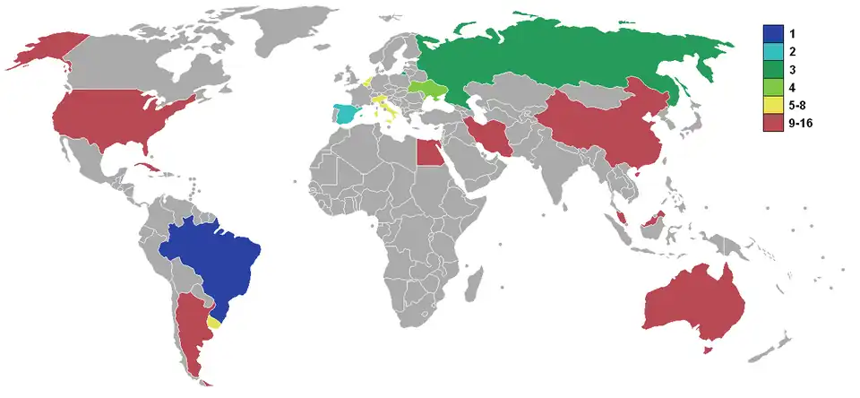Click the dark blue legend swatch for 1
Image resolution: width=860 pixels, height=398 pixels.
tap(769, 33)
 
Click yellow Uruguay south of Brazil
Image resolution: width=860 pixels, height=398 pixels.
tap(213, 321)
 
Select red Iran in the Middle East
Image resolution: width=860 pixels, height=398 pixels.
tap(489, 135)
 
